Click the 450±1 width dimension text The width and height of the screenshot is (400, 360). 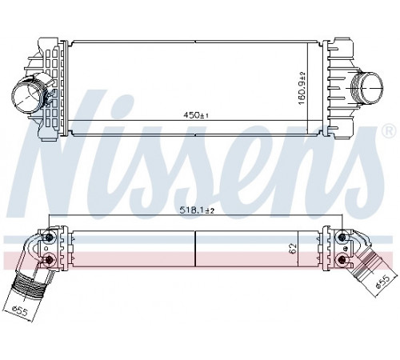196,115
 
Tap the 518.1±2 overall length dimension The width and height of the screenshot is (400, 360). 197,210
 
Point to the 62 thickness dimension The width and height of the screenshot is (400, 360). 293,249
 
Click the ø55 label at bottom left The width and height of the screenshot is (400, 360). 20,311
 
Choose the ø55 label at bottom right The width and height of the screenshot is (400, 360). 382,282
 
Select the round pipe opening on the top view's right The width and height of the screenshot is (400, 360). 371,87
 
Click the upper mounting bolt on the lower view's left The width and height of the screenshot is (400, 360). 50,237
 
